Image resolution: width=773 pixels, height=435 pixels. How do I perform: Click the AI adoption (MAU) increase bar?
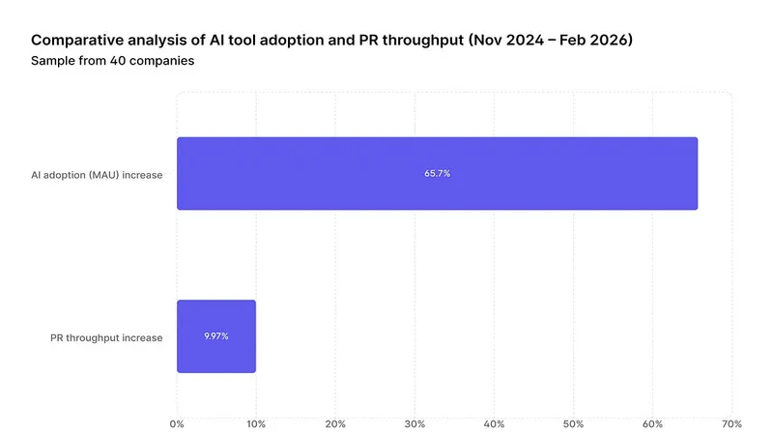click(437, 174)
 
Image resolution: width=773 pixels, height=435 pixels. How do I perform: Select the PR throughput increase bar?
click(216, 336)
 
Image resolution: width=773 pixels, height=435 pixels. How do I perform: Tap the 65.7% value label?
click(438, 174)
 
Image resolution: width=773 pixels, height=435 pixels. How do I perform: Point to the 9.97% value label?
click(216, 336)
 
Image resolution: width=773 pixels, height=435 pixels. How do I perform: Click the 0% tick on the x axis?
click(177, 423)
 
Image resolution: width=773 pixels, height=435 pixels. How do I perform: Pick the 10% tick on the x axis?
click(256, 423)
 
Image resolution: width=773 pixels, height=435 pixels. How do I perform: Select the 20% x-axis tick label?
click(335, 423)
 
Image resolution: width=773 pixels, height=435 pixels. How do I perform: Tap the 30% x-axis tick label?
click(415, 423)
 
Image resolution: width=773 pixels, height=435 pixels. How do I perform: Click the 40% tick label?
click(494, 423)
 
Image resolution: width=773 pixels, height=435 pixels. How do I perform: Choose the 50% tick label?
click(573, 423)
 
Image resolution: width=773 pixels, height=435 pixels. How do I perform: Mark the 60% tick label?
click(652, 423)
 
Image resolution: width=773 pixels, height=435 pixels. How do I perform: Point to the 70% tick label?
click(731, 423)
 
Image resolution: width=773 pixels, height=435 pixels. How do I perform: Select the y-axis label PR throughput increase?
click(106, 337)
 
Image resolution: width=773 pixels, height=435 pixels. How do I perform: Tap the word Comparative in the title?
click(74, 41)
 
